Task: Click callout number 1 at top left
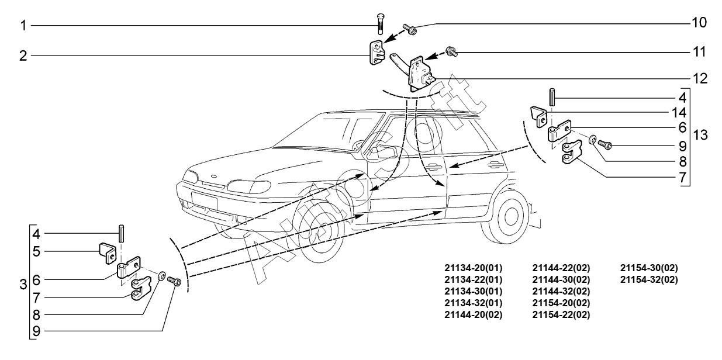point(23,26)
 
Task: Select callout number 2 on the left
point(23,56)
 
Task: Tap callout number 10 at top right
point(699,23)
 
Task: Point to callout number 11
point(699,52)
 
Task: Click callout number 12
point(699,78)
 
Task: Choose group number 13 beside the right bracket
point(701,135)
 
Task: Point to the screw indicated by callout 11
point(451,52)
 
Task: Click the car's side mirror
point(374,153)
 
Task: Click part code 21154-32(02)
point(649,279)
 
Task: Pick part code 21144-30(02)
point(561,279)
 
